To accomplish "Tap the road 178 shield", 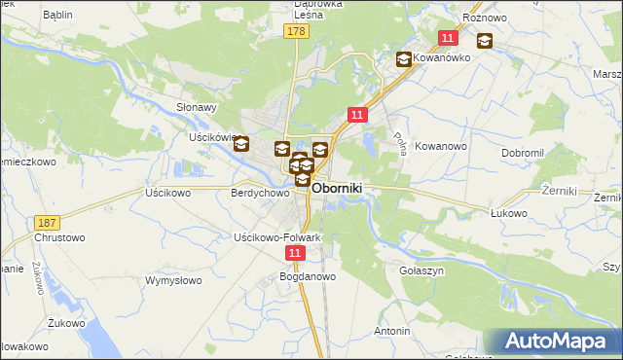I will pyautogui.click(x=297, y=32).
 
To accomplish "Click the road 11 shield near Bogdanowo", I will pyautogui.click(x=296, y=252).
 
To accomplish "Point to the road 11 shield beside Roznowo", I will pyautogui.click(x=447, y=38).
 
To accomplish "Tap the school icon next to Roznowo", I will pyautogui.click(x=484, y=42).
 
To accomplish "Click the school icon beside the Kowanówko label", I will pyautogui.click(x=403, y=59).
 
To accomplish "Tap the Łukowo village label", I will pyautogui.click(x=508, y=213).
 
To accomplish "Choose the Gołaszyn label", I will pyautogui.click(x=422, y=270).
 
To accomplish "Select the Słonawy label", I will pyautogui.click(x=196, y=108).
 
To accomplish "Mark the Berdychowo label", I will pyautogui.click(x=260, y=193).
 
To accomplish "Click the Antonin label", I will pyautogui.click(x=391, y=331).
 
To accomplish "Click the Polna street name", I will pyautogui.click(x=398, y=143).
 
